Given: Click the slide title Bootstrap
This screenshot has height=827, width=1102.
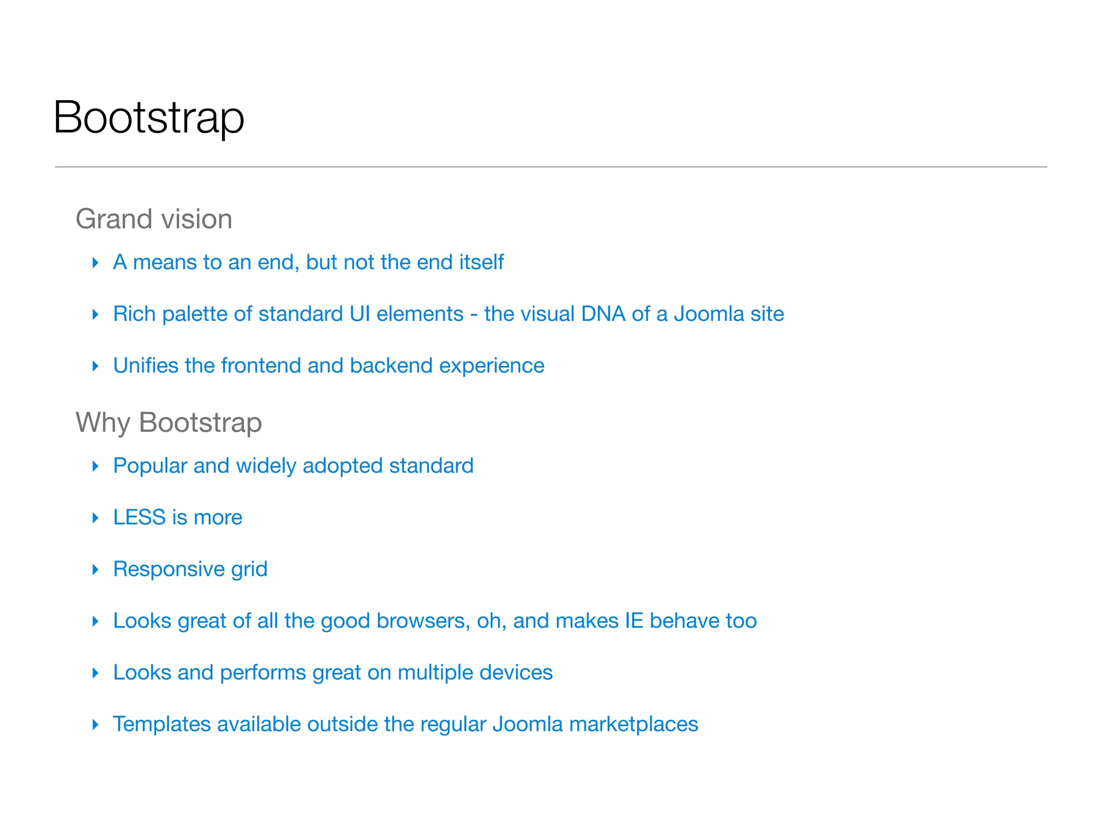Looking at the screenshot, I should [149, 117].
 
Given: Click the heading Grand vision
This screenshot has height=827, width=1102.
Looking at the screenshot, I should [154, 219].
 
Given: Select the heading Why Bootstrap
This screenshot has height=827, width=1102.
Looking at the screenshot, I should [168, 422].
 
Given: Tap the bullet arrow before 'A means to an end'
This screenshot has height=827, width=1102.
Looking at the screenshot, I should [96, 263].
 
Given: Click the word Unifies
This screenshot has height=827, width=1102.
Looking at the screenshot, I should [145, 366].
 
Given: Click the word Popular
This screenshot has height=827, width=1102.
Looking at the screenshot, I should [150, 466].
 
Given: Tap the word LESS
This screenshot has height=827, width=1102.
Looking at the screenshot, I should [139, 517].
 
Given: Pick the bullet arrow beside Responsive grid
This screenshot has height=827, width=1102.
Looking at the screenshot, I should [96, 570].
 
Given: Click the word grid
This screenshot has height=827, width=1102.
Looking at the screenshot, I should [249, 570].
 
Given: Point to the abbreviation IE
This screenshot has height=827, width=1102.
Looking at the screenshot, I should [634, 621].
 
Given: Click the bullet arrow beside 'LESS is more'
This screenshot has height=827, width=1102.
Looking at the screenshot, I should [96, 518].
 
